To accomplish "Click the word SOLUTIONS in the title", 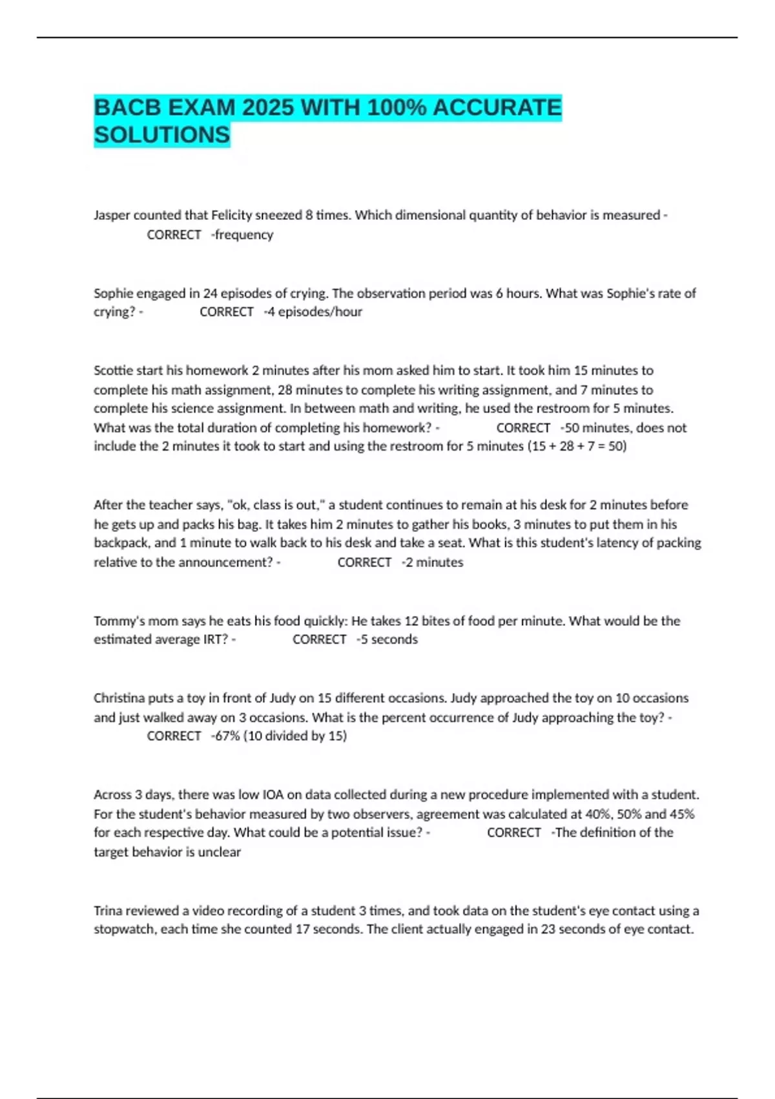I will coord(161,135).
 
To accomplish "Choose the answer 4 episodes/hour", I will coord(315,312).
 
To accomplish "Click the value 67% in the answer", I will coord(227,736).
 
